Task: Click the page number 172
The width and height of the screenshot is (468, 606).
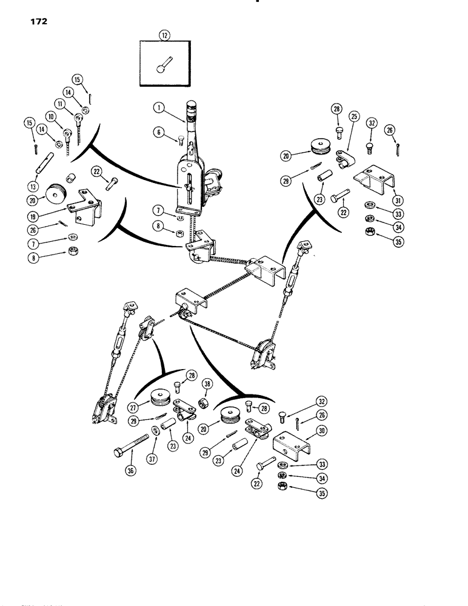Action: [38, 22]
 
